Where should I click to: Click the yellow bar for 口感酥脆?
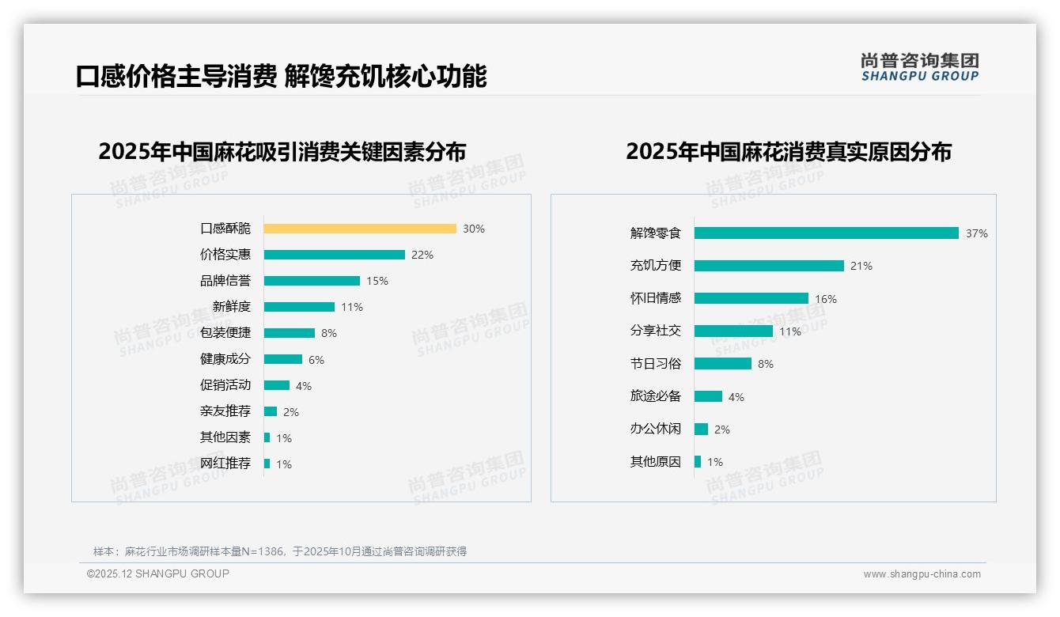tap(360, 229)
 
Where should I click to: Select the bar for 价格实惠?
tap(335, 255)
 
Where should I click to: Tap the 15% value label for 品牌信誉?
tap(377, 281)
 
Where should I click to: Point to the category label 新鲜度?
tap(231, 307)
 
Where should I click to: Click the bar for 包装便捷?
tap(290, 333)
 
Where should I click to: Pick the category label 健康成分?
tap(225, 359)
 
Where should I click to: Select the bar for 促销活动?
tap(277, 385)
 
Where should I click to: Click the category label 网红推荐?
tap(225, 464)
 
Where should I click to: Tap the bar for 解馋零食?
tap(827, 233)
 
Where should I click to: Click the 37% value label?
tap(976, 233)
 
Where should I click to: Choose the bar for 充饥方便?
tap(769, 266)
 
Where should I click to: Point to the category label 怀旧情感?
tap(655, 298)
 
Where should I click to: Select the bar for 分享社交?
tap(733, 331)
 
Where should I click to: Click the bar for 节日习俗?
tap(723, 364)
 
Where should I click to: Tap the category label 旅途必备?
tap(655, 396)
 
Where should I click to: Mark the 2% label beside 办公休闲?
tap(721, 430)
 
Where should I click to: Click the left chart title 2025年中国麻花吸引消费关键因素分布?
tap(282, 152)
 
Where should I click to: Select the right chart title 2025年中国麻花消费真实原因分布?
tap(788, 152)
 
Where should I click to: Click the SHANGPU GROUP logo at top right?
tap(919, 67)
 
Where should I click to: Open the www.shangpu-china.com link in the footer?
tap(922, 574)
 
